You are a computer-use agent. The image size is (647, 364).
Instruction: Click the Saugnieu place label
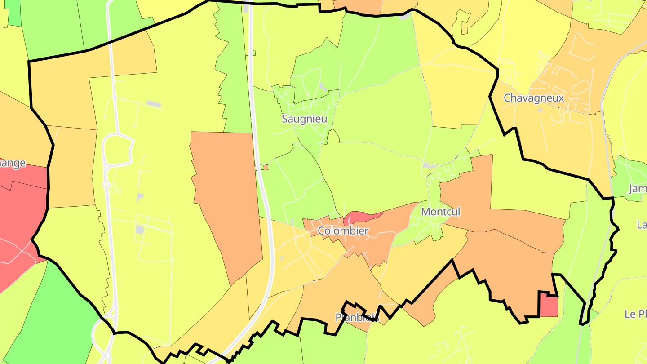click(304, 119)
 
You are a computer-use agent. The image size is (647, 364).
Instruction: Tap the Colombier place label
click(343, 231)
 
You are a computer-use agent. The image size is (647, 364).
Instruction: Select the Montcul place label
click(440, 212)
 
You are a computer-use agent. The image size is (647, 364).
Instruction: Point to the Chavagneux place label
click(533, 98)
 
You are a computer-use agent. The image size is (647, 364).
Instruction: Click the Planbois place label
click(357, 318)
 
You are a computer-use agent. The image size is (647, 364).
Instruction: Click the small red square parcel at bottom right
click(548, 306)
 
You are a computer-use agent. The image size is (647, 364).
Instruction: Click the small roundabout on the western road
click(106, 184)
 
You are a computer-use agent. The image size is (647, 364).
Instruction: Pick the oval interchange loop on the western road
click(118, 151)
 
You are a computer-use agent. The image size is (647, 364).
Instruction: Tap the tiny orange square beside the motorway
click(266, 167)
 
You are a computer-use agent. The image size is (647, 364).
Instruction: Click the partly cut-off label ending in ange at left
click(13, 163)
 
